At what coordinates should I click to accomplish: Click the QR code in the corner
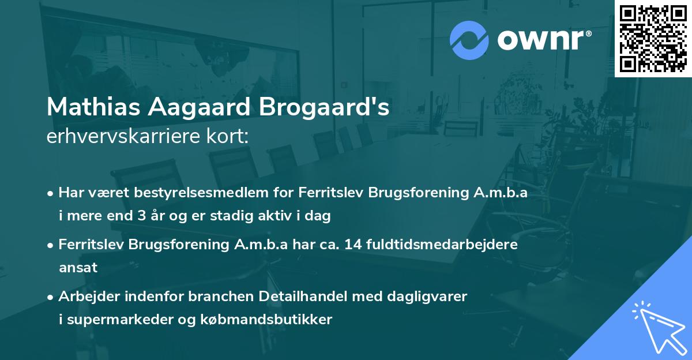(653, 39)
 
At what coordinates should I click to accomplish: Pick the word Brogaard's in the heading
(328, 108)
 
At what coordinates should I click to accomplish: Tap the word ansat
(78, 268)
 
